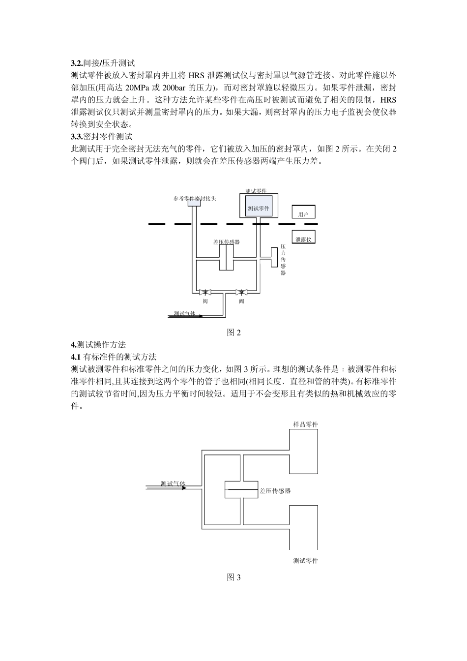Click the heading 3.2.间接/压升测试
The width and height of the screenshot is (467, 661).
[x=102, y=63]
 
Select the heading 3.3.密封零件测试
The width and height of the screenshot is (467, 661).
[x=102, y=136]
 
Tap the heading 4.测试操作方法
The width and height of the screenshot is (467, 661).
[x=98, y=344]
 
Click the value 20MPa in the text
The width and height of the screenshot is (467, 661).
[x=136, y=88]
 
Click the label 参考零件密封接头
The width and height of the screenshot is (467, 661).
[x=194, y=198]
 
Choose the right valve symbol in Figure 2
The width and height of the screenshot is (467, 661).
[x=241, y=292]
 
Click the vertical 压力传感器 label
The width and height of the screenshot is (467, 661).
[x=283, y=259]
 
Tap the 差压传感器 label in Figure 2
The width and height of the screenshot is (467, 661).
[x=226, y=242]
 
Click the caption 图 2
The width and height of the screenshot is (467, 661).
[x=233, y=332]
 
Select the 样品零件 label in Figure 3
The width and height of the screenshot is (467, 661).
[x=305, y=424]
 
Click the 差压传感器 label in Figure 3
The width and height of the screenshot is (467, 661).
[x=275, y=490]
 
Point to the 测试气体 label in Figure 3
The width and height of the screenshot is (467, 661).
[x=173, y=483]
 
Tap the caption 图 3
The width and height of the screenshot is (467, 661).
[x=233, y=577]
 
